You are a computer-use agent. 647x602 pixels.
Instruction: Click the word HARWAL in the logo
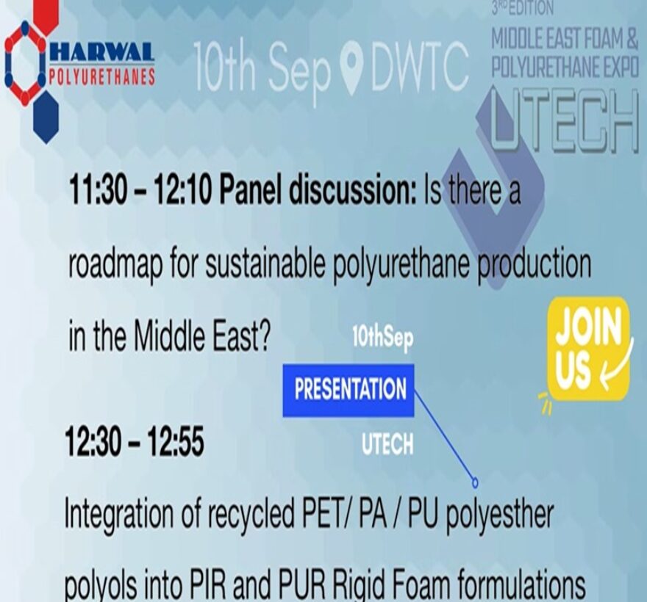coord(102,52)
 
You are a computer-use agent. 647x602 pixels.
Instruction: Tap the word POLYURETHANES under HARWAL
coord(102,76)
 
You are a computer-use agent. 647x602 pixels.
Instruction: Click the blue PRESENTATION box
coord(348,390)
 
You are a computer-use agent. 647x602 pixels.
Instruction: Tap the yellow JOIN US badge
coord(588,348)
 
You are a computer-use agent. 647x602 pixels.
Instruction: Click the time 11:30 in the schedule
coord(98,190)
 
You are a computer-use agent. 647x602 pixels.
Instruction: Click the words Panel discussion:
coord(318,190)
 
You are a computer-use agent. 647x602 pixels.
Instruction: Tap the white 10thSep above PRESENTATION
coord(383,338)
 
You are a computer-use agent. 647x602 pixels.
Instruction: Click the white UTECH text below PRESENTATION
coord(387,444)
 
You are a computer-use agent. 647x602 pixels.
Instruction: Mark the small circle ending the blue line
coord(475,482)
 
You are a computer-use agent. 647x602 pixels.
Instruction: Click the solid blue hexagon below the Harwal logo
coord(46,117)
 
